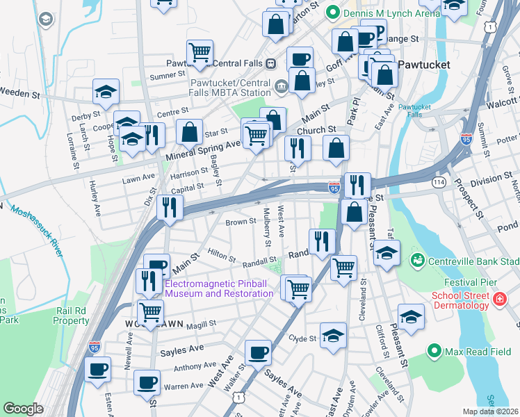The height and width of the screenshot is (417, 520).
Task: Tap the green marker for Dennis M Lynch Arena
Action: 332,11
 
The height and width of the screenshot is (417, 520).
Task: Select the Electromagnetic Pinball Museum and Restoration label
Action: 219,288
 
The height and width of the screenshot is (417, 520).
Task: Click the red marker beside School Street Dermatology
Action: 498,300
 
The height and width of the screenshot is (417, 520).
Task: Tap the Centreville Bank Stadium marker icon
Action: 418,261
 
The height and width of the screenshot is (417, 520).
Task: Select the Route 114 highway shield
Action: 439,181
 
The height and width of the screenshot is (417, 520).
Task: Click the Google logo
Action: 23,409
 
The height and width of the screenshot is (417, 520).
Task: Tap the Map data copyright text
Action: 490,411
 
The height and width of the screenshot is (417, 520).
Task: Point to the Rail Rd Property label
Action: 71,316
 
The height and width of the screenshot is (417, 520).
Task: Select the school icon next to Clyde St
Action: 333,335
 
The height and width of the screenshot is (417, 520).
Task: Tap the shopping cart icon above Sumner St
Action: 200,51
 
